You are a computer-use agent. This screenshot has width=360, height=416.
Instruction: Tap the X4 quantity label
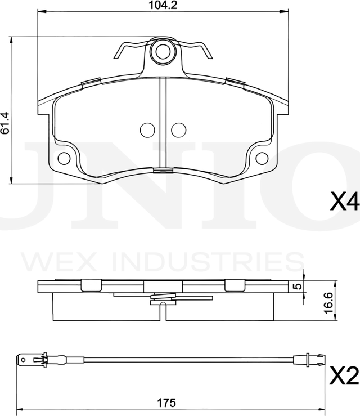(x=344, y=201)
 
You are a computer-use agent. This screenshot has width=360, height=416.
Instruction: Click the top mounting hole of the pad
(x=163, y=51)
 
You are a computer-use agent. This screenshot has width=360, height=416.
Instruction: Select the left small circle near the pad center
(x=147, y=129)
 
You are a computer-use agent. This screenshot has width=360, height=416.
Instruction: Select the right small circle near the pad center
(x=178, y=129)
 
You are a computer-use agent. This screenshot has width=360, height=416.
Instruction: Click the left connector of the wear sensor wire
(x=31, y=357)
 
